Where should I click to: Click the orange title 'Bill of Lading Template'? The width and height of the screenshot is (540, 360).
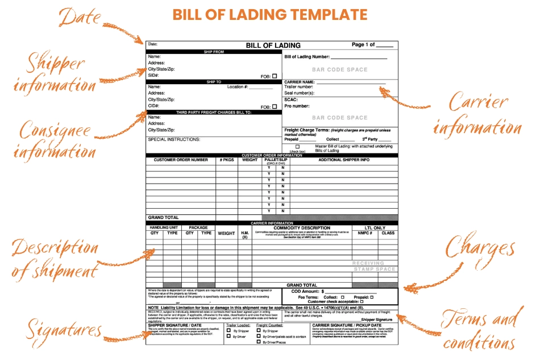(x=270, y=14)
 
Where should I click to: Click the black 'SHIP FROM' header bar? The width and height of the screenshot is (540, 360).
(x=214, y=52)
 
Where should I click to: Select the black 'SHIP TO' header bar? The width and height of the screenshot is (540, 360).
(x=214, y=82)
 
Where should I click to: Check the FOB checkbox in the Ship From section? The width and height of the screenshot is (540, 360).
(x=275, y=76)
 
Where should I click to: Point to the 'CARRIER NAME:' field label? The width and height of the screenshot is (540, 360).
(x=300, y=82)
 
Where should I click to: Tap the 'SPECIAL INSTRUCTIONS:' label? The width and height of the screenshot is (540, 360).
(x=174, y=139)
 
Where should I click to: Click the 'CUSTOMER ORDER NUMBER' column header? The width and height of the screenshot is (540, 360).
(x=181, y=160)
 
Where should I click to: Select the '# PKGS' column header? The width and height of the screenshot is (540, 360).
(x=227, y=160)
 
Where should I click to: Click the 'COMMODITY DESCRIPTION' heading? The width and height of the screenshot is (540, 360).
(x=302, y=227)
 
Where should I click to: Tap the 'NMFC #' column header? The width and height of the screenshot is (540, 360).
(x=364, y=233)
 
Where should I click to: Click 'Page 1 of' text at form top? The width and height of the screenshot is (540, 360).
(x=364, y=44)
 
